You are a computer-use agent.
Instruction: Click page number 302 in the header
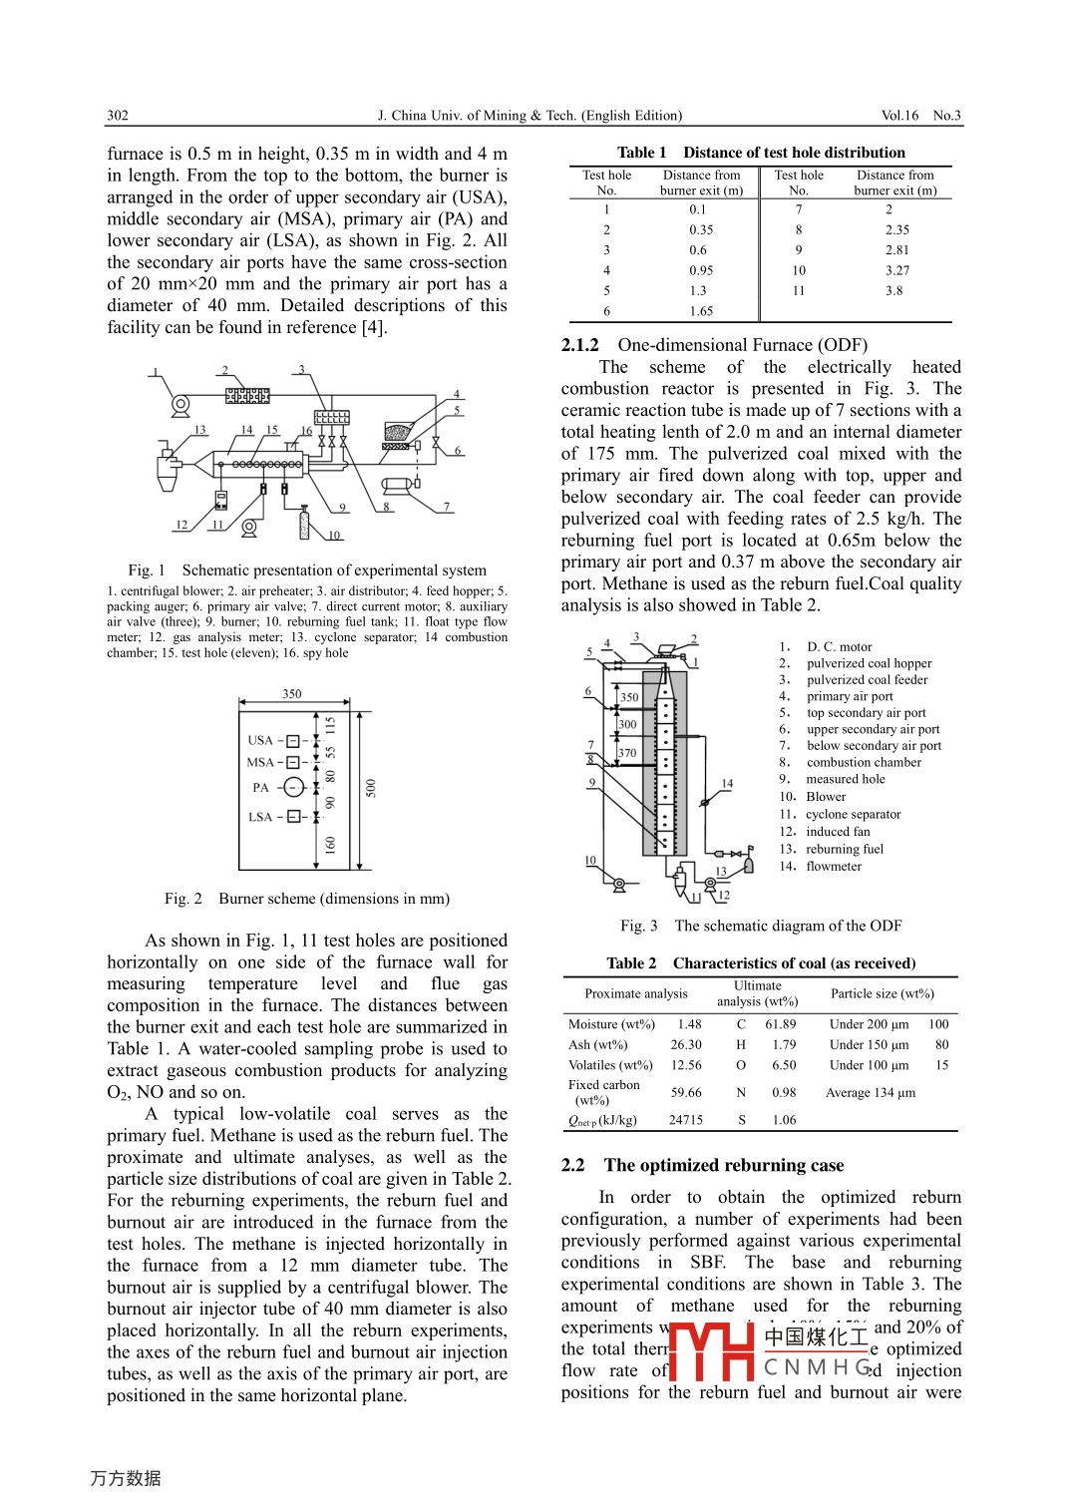(118, 116)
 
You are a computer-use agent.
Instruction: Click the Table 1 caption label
(641, 153)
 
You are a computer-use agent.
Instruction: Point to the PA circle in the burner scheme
(292, 788)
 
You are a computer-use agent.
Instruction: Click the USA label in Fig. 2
(260, 740)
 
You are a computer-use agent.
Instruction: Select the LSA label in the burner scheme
(260, 817)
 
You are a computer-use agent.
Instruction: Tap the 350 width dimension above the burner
(292, 694)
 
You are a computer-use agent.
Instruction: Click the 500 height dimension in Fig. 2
(371, 788)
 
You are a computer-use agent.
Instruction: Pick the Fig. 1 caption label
(147, 570)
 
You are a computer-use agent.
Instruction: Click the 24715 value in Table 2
(686, 1120)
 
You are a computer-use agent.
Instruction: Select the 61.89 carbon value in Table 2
(781, 1024)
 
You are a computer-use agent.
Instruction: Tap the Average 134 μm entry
(871, 1093)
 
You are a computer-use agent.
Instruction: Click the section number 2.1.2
(580, 345)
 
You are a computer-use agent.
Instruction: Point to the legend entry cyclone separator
(853, 815)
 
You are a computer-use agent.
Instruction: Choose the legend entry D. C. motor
(839, 647)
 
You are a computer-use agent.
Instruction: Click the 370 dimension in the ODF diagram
(627, 753)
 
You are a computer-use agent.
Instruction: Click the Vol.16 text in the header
(899, 116)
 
